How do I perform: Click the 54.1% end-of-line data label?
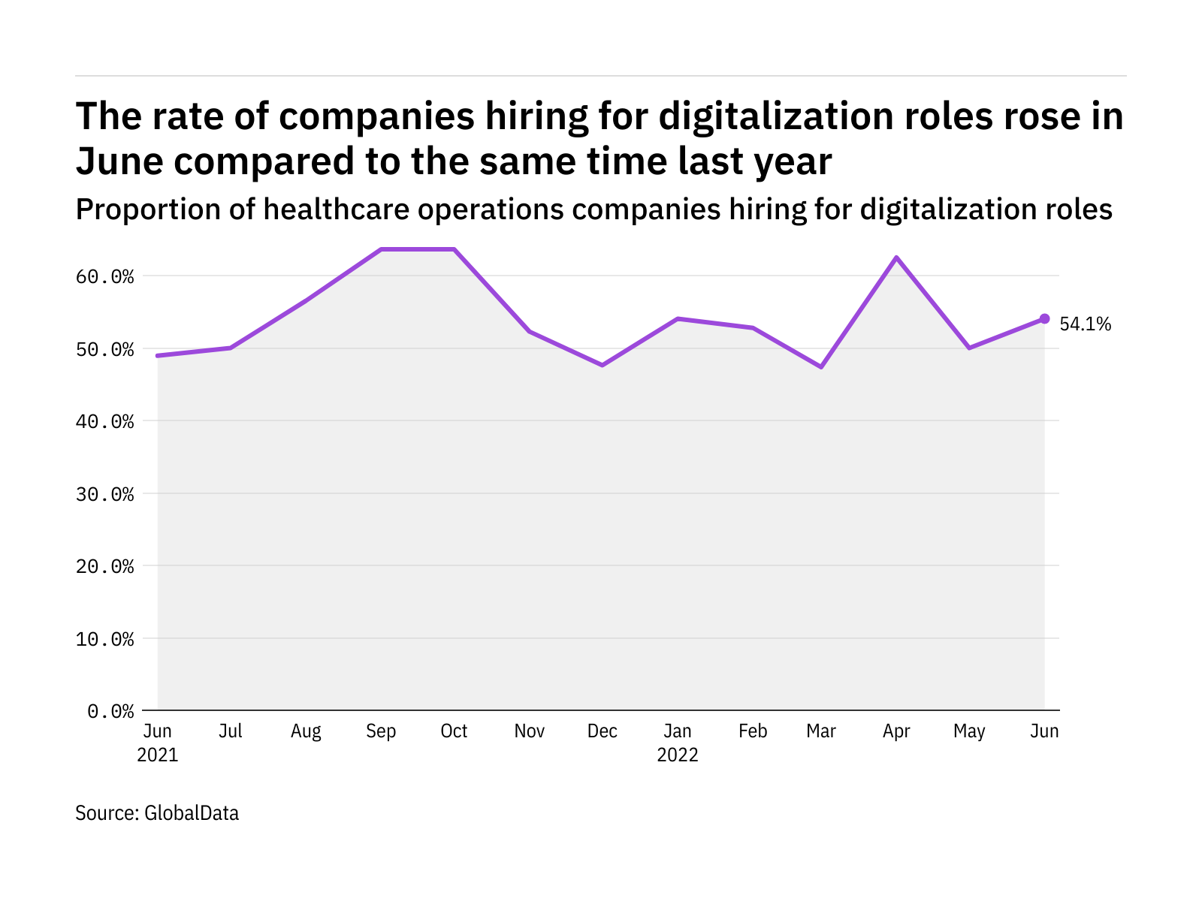1085,324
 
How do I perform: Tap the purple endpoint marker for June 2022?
1044,318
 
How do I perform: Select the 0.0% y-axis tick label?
110,711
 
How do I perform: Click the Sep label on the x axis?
381,731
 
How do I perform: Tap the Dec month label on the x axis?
603,731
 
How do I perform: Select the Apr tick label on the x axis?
896,731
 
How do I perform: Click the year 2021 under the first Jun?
158,755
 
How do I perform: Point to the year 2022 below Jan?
678,755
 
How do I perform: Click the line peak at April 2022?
896,258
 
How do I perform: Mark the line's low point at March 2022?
821,366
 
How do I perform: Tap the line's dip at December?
603,365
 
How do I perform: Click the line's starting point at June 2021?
158,355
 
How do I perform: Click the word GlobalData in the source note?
192,813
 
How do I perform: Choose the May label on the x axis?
969,731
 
